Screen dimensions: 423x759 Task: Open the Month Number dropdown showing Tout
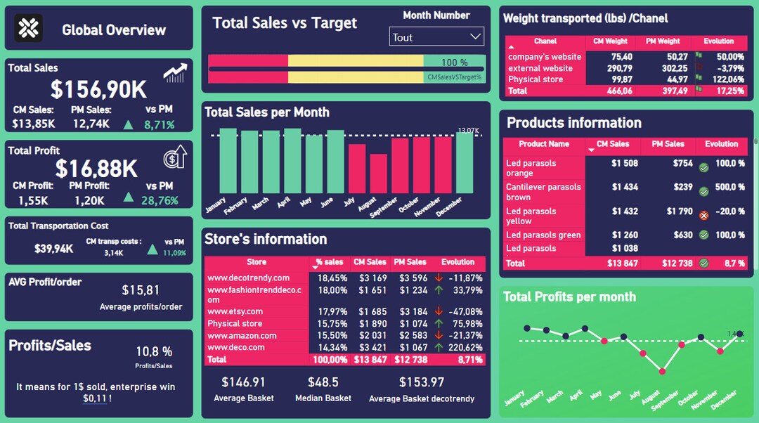[x=436, y=37]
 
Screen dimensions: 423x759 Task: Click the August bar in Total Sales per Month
[x=379, y=174]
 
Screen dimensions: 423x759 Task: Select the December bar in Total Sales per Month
[x=465, y=162]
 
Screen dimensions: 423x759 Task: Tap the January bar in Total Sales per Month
[x=228, y=161]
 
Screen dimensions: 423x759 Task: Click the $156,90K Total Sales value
[x=98, y=89]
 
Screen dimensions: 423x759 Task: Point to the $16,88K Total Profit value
[x=96, y=169]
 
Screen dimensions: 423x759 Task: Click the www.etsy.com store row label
[x=235, y=311]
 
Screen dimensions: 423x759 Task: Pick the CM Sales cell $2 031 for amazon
[x=372, y=335]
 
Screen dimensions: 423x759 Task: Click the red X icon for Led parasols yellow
[x=703, y=216]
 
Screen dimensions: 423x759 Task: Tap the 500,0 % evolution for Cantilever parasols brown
[x=730, y=187]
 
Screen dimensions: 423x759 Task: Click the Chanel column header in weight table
[x=545, y=41]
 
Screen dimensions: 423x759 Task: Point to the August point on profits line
[x=662, y=370]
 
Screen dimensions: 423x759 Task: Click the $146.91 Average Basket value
[x=243, y=382]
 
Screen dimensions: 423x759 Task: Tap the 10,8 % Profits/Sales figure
[x=154, y=351]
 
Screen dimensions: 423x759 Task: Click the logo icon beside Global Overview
[x=29, y=28]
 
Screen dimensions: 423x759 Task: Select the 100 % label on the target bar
[x=454, y=63]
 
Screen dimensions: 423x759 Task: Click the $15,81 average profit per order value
[x=141, y=290]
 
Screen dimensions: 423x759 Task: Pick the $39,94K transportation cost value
[x=54, y=249]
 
